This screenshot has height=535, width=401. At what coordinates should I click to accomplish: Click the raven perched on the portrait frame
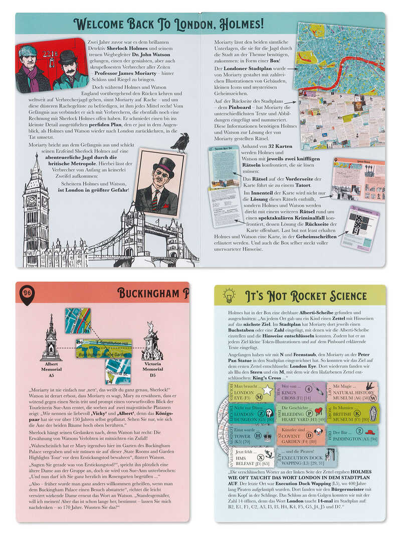[x=180, y=142]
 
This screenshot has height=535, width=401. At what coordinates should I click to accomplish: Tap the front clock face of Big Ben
[x=32, y=200]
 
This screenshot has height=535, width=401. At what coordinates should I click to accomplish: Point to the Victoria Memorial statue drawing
[x=152, y=341]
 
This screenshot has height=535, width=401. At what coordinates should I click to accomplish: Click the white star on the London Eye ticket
[x=267, y=389]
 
